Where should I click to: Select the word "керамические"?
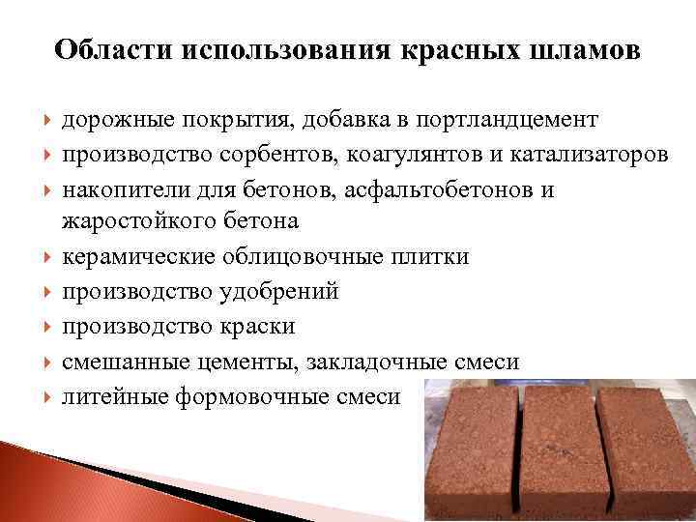[x=139, y=257]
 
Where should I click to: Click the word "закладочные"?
[x=382, y=362]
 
